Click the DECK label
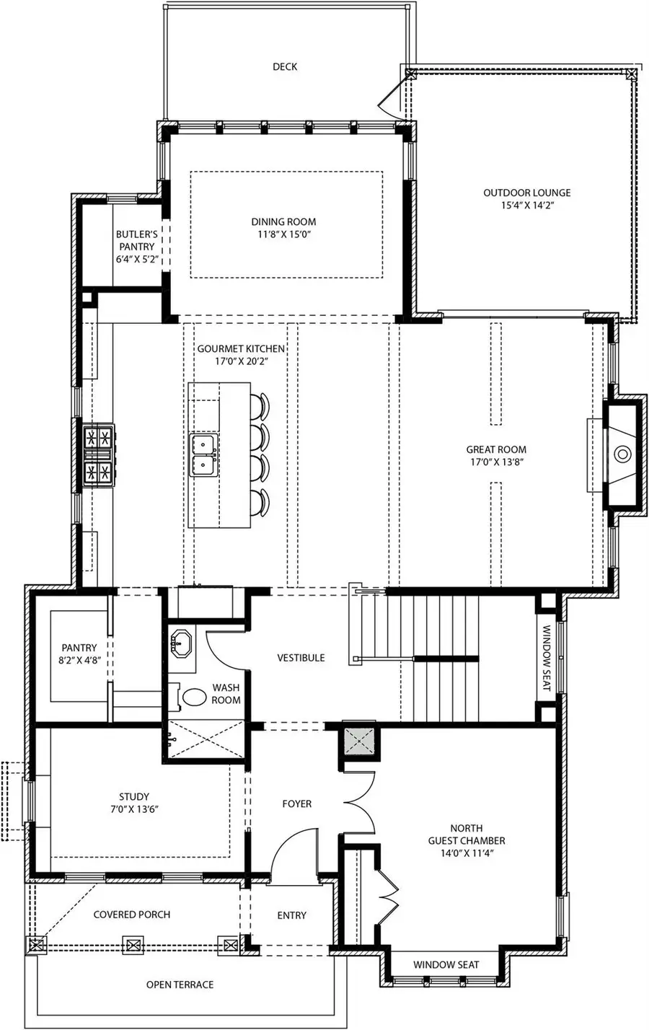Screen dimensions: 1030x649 pyautogui.click(x=284, y=67)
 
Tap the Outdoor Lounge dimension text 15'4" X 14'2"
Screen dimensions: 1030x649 pyautogui.click(x=526, y=205)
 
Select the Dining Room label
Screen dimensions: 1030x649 pyautogui.click(x=283, y=222)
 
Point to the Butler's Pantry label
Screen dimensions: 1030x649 pyautogui.click(x=136, y=240)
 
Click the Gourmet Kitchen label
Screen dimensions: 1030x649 pyautogui.click(x=241, y=349)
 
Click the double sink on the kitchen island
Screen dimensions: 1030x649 pyautogui.click(x=203, y=454)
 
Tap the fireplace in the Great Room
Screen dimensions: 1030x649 pyautogui.click(x=622, y=454)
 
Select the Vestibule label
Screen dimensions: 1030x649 pyautogui.click(x=301, y=658)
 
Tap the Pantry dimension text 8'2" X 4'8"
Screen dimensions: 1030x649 pyautogui.click(x=79, y=660)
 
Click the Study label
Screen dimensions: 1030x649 pyautogui.click(x=133, y=797)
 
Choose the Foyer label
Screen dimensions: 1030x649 pyautogui.click(x=296, y=804)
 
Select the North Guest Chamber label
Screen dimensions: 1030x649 pyautogui.click(x=466, y=835)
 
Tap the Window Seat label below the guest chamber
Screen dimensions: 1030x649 pyautogui.click(x=446, y=965)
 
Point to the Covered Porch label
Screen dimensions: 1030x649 pyautogui.click(x=132, y=915)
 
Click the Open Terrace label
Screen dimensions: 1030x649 pyautogui.click(x=180, y=985)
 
